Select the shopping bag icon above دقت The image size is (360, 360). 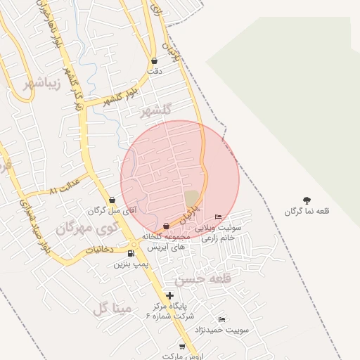tap(154, 61)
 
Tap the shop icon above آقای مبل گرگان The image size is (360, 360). tap(112, 200)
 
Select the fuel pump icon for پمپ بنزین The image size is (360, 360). tap(132, 253)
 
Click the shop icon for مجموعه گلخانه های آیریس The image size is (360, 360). tap(166, 226)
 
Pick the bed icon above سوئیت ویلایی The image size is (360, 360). tap(218, 217)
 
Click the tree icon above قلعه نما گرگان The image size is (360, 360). tap(307, 200)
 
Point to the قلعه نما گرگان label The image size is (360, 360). tap(307, 211)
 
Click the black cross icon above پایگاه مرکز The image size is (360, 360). tap(169, 295)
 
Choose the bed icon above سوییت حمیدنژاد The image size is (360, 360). tap(223, 320)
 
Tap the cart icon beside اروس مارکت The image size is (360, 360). tap(183, 346)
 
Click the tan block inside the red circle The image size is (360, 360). tap(191, 198)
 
